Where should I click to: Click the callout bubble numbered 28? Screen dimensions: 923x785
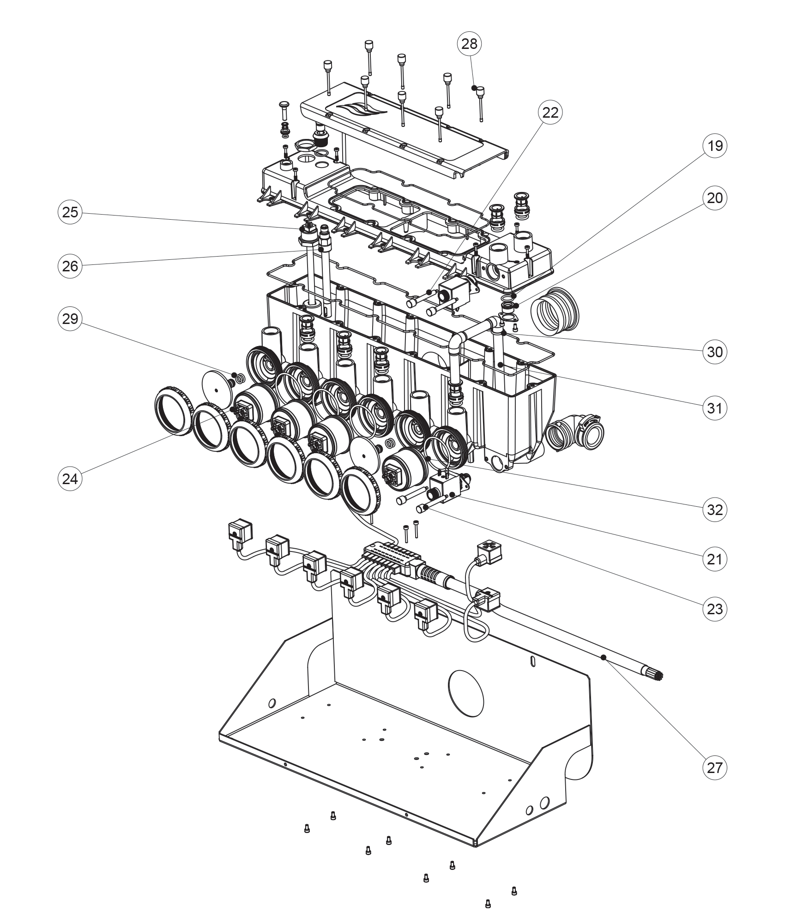469,44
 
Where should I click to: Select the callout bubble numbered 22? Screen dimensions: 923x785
550,113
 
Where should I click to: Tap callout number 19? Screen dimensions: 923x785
714,146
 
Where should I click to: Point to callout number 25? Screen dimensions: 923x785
70,212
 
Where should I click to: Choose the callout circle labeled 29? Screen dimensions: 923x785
70,318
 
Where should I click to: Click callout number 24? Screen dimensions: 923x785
70,479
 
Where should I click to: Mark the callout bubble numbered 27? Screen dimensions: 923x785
714,767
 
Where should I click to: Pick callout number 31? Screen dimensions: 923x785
714,408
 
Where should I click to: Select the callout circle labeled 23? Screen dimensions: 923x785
714,609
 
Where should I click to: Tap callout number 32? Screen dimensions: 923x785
714,510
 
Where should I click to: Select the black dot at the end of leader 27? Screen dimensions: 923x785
603,657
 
